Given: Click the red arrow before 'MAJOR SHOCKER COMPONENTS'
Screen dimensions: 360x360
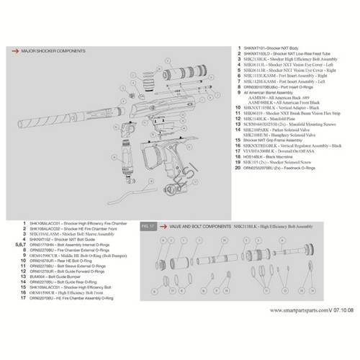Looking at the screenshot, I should click(x=14, y=52).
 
